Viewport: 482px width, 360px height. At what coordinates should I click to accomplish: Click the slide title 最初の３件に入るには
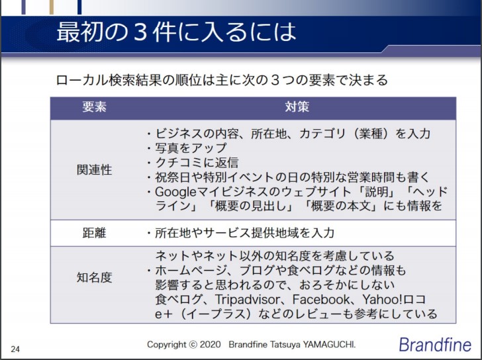coord(176,32)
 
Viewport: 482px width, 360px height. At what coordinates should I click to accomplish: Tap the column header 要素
coord(95,107)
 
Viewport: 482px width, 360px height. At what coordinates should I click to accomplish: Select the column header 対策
coord(297,107)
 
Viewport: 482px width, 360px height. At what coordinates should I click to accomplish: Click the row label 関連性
coord(95,169)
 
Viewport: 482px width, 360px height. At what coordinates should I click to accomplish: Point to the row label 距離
coord(95,233)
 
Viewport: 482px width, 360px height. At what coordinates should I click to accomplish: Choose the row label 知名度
coord(95,277)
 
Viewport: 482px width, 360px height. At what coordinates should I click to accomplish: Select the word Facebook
coord(321,300)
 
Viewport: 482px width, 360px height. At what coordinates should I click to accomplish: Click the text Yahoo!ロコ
coord(394,300)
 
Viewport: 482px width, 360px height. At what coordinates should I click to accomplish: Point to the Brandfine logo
coord(435,345)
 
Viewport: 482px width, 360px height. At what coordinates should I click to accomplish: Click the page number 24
coord(15,349)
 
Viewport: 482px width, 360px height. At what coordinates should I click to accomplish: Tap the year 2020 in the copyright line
coord(211,344)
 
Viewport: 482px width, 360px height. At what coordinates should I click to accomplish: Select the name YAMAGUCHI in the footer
coord(329,344)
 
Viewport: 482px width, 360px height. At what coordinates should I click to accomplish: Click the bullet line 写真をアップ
coord(191,148)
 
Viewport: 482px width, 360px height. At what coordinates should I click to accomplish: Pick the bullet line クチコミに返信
coord(197,163)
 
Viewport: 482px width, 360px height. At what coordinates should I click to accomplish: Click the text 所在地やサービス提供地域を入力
coord(245,233)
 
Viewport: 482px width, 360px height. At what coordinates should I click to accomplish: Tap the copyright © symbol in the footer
coord(193,345)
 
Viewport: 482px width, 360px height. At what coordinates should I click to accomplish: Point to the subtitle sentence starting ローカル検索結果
coord(222,81)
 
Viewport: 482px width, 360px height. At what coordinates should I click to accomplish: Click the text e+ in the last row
coord(162,314)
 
